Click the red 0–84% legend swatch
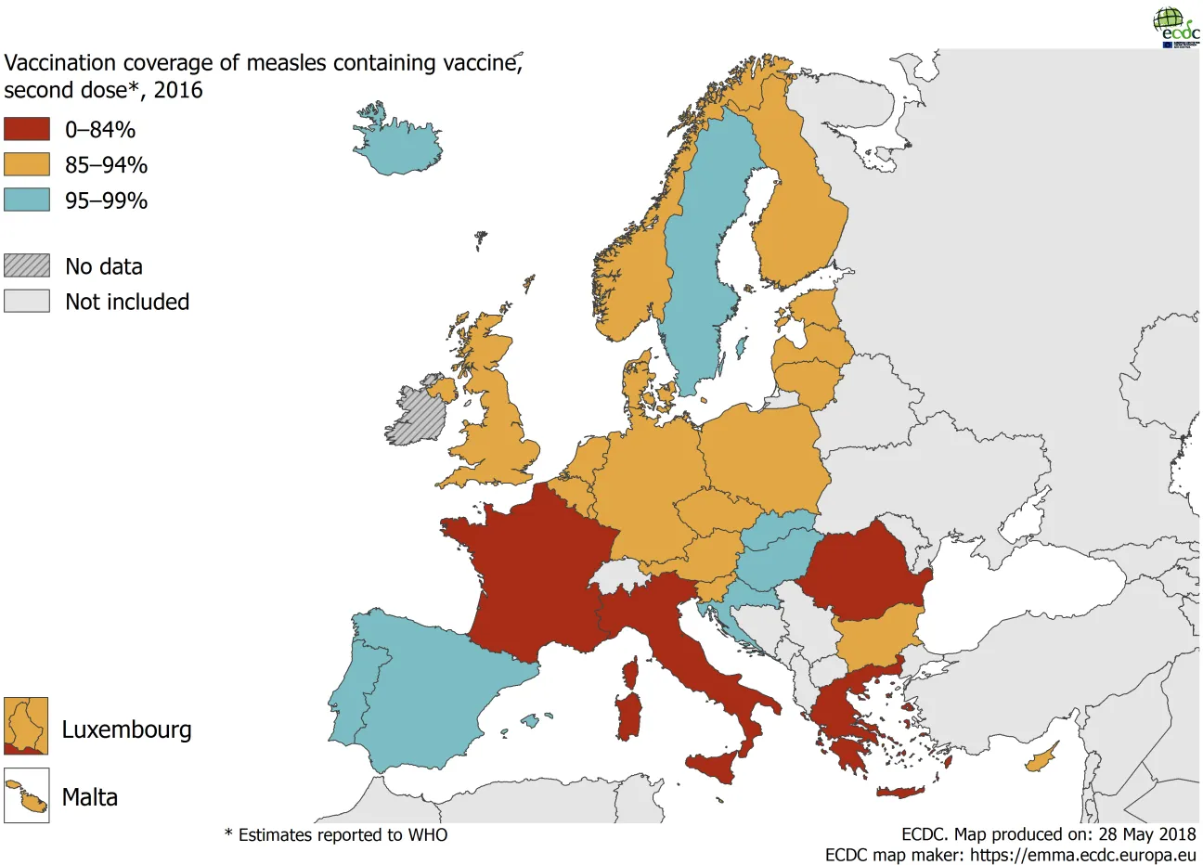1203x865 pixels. pos(26,129)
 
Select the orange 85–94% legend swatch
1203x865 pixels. pos(26,164)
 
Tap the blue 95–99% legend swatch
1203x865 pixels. pos(26,200)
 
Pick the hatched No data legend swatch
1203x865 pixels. pos(26,265)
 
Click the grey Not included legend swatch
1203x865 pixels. pos(26,301)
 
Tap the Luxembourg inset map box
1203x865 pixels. pos(26,726)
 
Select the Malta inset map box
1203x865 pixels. pos(26,795)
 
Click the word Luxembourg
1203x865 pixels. pos(126,729)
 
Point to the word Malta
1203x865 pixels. pos(89,797)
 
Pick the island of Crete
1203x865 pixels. pos(900,793)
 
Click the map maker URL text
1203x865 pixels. pos(1050,855)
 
